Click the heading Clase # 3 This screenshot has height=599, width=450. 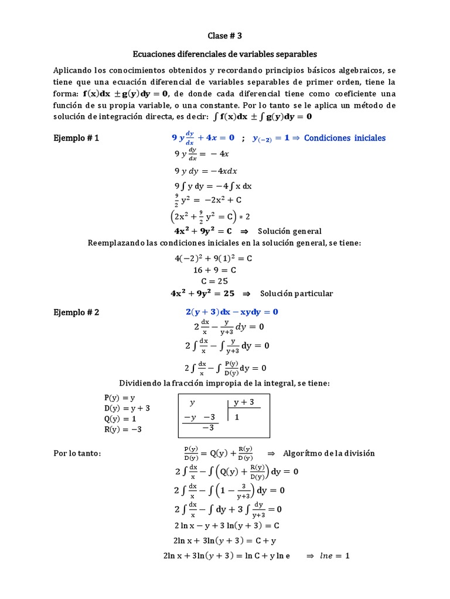coord(224,36)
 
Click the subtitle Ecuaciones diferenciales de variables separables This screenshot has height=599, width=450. coord(224,54)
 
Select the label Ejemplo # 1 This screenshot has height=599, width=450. coord(76,138)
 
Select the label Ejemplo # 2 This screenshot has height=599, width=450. coord(76,312)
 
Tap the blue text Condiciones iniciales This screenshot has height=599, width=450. coord(345,138)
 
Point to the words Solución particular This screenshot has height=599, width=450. coord(296,294)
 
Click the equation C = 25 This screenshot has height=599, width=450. coord(214,281)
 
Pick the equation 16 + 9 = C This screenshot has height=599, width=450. coord(214,270)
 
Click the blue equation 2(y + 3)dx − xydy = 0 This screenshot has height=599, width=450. coord(232,312)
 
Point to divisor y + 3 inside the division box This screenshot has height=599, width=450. coord(244,402)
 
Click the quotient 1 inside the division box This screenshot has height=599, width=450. coord(237,418)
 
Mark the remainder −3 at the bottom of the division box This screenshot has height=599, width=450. coord(208,428)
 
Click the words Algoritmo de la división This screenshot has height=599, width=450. coord(329,453)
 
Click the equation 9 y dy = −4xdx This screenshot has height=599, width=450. coord(206,171)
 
